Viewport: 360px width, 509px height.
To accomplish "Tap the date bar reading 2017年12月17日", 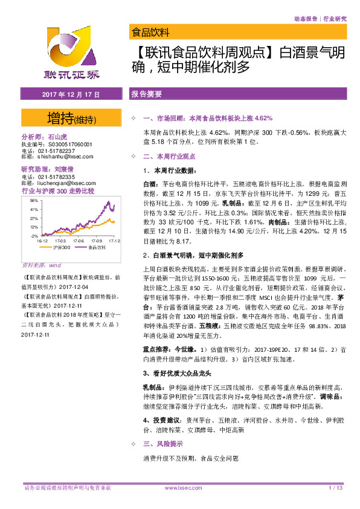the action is (x=71, y=95).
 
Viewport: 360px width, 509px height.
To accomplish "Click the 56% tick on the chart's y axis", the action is (x=33, y=201).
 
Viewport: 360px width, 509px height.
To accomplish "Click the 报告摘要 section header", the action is (x=146, y=95).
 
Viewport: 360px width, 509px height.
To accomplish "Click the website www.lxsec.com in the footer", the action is (x=181, y=487).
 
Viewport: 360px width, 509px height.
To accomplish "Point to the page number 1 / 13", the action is (x=336, y=487).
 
